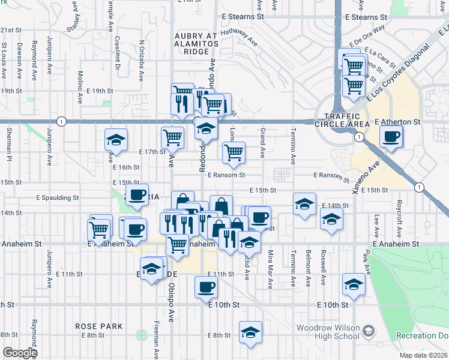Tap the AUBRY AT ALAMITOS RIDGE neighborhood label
point(195,44)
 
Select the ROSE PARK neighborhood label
point(99,326)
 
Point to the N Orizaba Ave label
point(142,61)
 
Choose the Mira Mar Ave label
point(271,262)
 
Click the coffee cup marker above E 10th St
point(206,287)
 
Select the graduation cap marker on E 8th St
point(250,333)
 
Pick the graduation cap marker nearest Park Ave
point(354,284)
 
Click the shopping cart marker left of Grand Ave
point(234,152)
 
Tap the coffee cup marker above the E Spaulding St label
point(137,194)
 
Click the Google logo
point(19,353)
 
